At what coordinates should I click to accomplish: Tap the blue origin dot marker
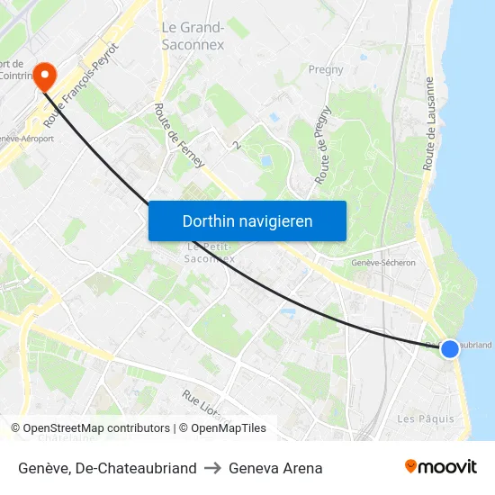449,348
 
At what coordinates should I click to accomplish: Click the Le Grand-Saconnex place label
193,35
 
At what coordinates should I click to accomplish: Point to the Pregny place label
326,69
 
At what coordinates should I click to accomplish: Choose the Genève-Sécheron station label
383,263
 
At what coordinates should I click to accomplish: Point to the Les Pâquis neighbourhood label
426,419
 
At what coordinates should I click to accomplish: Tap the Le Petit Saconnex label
211,253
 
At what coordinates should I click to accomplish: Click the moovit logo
441,467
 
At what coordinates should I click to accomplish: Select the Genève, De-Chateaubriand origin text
107,468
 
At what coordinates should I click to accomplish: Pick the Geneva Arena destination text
275,468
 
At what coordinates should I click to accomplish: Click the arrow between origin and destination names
212,468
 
